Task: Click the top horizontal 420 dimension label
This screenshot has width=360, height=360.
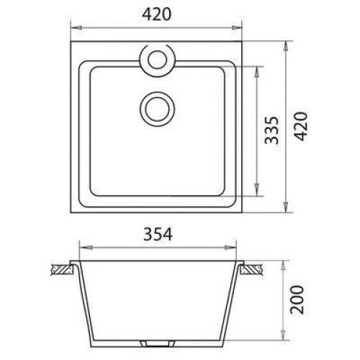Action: [156, 14]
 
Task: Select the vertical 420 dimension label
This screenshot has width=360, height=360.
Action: [301, 126]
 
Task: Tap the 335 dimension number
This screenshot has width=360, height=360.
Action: [271, 130]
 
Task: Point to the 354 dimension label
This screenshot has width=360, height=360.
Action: [158, 234]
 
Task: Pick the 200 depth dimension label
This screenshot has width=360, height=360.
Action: [297, 300]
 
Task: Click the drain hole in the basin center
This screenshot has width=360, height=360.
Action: [157, 109]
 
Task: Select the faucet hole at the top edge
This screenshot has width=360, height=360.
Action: [157, 60]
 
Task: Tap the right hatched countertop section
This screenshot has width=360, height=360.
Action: [251, 269]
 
